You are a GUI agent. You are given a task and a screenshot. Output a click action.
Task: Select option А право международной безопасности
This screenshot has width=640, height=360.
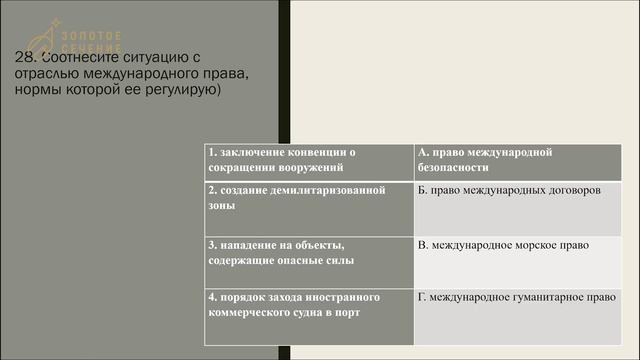pos(523,160)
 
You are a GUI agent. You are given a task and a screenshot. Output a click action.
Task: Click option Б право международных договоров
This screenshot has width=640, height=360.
pos(523,190)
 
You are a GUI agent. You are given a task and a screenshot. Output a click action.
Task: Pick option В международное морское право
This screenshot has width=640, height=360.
pos(523,244)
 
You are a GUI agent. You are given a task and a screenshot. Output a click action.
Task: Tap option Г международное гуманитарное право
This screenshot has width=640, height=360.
pos(523,297)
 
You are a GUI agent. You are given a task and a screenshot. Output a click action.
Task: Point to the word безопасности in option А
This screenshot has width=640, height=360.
pos(453,168)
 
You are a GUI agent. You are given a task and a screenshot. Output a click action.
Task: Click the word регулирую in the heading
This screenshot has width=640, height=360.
pos(190,90)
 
